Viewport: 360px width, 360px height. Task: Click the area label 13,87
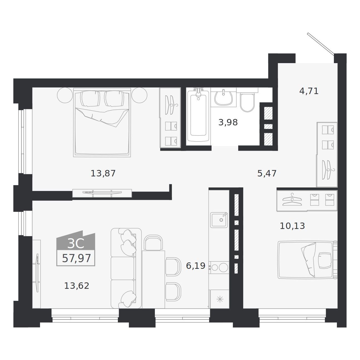[103, 173]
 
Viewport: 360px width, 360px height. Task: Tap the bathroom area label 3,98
[228, 123]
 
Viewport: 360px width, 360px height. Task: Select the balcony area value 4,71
[309, 91]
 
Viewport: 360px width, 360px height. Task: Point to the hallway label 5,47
[267, 173]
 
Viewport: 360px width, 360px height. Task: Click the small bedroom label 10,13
[292, 226]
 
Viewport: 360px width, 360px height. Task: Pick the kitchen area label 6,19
[196, 266]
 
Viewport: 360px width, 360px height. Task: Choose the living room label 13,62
[77, 286]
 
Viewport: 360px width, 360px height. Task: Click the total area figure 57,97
[76, 258]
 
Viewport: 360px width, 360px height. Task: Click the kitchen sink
[219, 220]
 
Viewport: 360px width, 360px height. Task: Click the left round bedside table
[65, 95]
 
